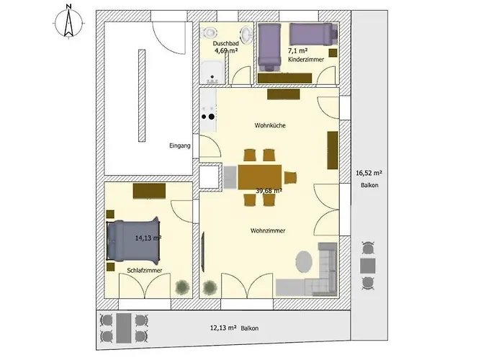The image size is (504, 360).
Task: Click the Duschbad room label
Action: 225,44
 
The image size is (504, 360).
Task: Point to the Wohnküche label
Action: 270,125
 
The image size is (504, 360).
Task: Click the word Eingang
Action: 180,145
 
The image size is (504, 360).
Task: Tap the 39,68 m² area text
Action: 268,191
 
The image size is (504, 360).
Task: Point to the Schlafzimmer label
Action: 144,270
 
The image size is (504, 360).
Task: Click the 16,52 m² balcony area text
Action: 369,174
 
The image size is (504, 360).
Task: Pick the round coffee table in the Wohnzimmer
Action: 305,258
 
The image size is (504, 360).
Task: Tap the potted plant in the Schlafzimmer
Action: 181,287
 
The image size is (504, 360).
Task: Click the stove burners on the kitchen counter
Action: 209,113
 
